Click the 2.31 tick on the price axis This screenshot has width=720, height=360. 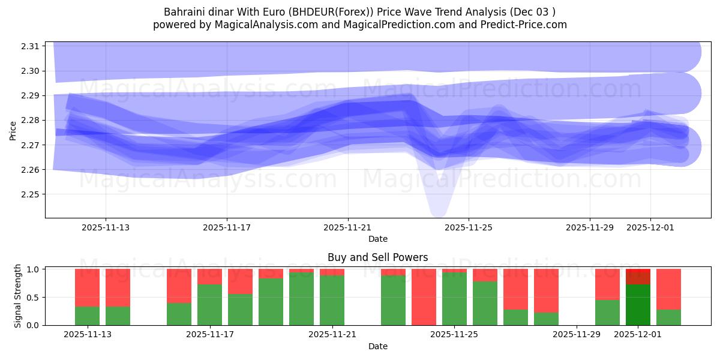click(x=31, y=46)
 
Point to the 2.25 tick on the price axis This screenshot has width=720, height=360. click(x=31, y=194)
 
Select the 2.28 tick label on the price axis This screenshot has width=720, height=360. click(x=31, y=121)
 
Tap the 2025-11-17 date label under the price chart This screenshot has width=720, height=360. click(x=227, y=227)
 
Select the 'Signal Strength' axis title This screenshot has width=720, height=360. click(x=18, y=296)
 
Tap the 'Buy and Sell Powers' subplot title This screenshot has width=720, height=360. click(x=377, y=257)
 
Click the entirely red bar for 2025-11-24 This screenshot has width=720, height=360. click(x=424, y=297)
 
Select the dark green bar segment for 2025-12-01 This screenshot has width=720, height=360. click(x=638, y=305)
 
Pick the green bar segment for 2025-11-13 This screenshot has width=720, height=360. click(x=87, y=316)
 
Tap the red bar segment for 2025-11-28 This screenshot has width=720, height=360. click(x=546, y=290)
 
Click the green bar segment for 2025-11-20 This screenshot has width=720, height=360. click(x=301, y=299)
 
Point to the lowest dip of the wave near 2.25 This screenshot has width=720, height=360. click(x=438, y=210)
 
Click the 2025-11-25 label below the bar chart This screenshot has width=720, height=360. click(x=454, y=334)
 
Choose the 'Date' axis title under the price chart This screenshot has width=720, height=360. click(x=377, y=239)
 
